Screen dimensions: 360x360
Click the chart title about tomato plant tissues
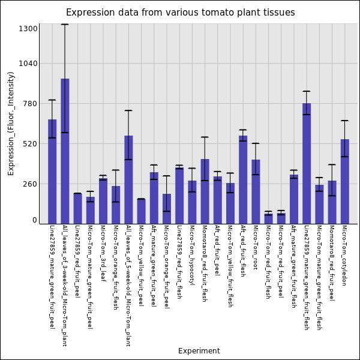click(x=180, y=13)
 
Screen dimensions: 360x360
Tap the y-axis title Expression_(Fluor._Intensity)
click(x=11, y=123)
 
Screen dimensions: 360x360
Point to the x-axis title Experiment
click(x=199, y=351)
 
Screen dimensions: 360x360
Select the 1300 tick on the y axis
click(x=28, y=28)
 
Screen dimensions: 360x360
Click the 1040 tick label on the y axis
click(x=28, y=63)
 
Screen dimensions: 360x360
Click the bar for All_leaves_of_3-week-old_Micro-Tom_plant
click(x=65, y=151)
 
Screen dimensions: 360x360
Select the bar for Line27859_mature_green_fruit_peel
click(x=52, y=171)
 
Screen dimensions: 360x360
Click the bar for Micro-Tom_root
click(x=256, y=191)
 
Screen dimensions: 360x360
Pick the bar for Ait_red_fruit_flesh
click(x=243, y=179)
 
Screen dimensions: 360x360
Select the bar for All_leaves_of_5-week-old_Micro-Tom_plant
click(x=128, y=179)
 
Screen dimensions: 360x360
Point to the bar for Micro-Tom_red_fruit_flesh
click(x=268, y=218)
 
